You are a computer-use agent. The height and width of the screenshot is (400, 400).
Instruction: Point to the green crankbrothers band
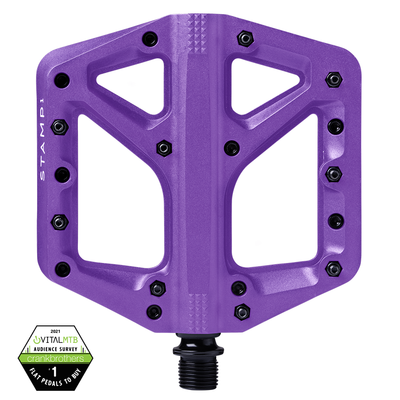55,358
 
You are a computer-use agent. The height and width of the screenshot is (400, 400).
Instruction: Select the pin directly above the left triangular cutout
150,39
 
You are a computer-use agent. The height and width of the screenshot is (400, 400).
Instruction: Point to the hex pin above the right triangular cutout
245,38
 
